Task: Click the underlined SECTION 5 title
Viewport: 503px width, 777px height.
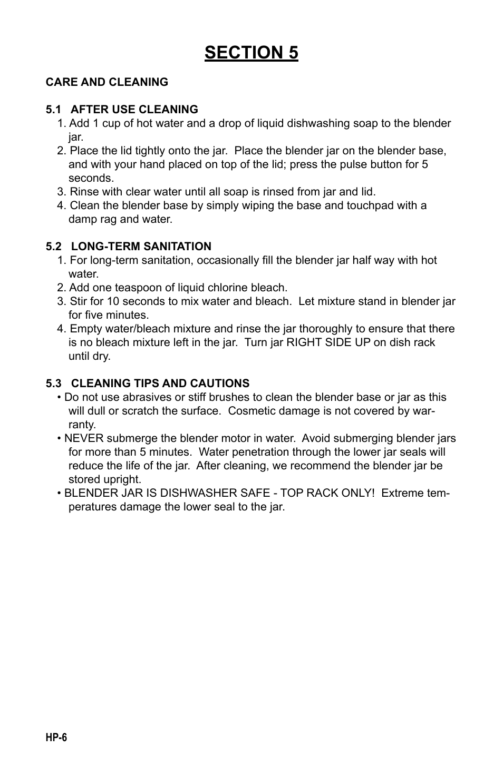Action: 252,53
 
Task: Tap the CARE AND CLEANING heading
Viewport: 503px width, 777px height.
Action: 107,82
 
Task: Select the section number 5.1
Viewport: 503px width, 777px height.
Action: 53,110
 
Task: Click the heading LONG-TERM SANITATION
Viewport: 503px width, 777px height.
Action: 141,247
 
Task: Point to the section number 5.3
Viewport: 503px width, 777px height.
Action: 53,383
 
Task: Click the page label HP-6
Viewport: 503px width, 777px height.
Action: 56,738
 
